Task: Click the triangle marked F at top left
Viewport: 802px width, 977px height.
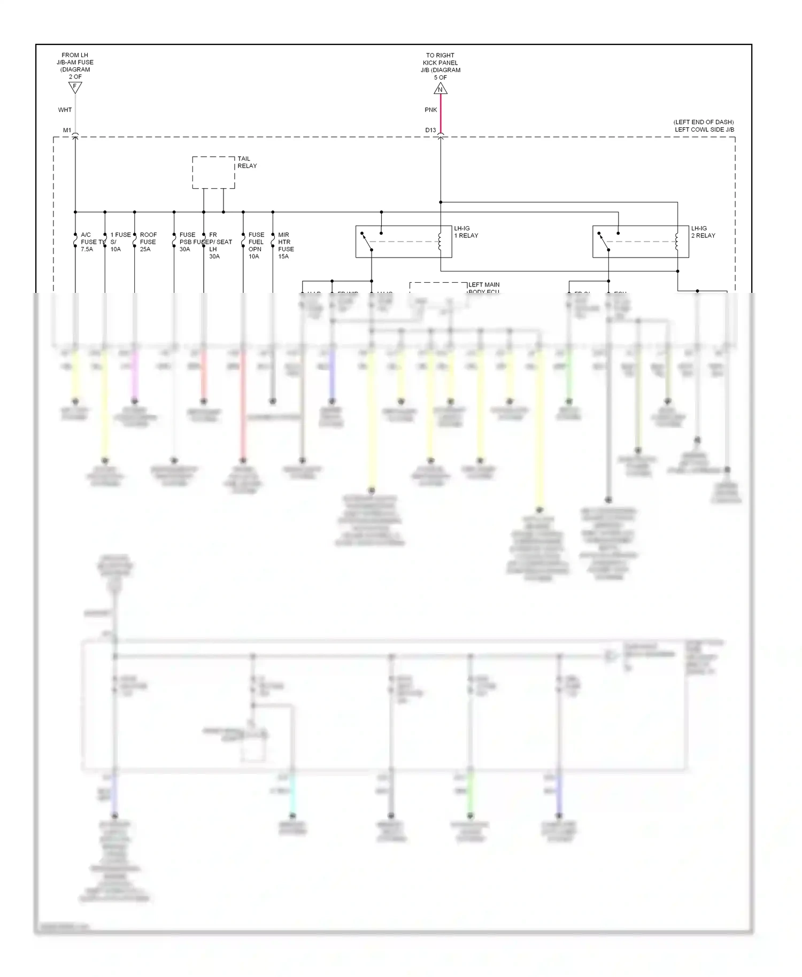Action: [75, 87]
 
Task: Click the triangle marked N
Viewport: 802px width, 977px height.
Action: [441, 88]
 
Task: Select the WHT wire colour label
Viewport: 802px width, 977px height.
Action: [65, 110]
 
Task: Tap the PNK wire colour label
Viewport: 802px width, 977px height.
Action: [431, 110]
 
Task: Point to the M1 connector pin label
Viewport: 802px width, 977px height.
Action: [67, 130]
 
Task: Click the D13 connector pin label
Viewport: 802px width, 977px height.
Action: [430, 130]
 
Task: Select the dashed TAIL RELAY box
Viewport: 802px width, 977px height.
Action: [213, 172]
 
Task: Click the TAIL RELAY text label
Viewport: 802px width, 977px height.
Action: [247, 162]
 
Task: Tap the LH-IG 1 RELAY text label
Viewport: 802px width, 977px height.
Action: [466, 232]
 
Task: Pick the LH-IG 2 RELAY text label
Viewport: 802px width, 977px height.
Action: [703, 232]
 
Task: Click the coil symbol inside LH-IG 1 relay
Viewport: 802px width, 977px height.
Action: [440, 242]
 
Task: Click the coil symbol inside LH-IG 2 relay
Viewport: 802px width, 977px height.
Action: [677, 242]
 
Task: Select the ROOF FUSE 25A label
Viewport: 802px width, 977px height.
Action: [148, 242]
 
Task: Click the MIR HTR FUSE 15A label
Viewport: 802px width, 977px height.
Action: [286, 245]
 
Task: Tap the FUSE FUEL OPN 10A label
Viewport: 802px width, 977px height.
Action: [256, 245]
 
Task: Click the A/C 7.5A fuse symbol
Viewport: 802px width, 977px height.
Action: [75, 242]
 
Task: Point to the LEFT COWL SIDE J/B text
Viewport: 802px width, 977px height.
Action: [704, 130]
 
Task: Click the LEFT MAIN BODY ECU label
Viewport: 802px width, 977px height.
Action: [483, 288]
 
